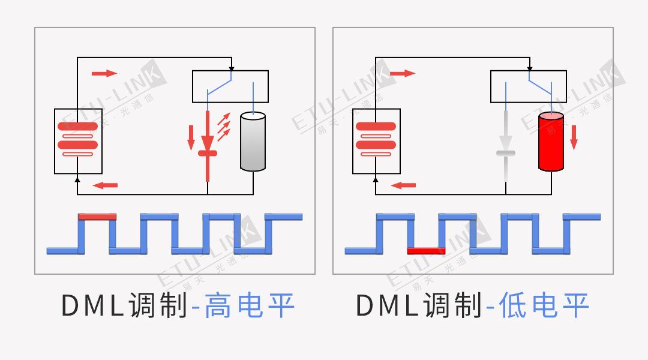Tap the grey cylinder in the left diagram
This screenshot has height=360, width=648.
(x=252, y=142)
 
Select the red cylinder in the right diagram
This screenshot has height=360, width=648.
(x=551, y=142)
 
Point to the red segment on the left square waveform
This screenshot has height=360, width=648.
(x=97, y=215)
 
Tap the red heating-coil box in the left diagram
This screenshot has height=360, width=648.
(x=77, y=140)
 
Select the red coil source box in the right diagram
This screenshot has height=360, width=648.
(x=376, y=140)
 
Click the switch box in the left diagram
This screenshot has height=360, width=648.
(x=230, y=86)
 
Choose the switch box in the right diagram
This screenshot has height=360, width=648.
(x=528, y=86)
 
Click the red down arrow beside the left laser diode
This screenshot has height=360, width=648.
(x=191, y=137)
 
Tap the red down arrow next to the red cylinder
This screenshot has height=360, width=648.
(x=574, y=136)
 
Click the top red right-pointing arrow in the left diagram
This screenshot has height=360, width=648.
(x=104, y=73)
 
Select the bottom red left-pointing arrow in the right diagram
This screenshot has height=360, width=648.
(x=403, y=185)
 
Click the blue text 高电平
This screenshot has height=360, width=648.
(x=249, y=305)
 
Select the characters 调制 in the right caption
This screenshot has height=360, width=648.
(x=452, y=306)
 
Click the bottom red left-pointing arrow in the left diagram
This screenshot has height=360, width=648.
(x=106, y=185)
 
